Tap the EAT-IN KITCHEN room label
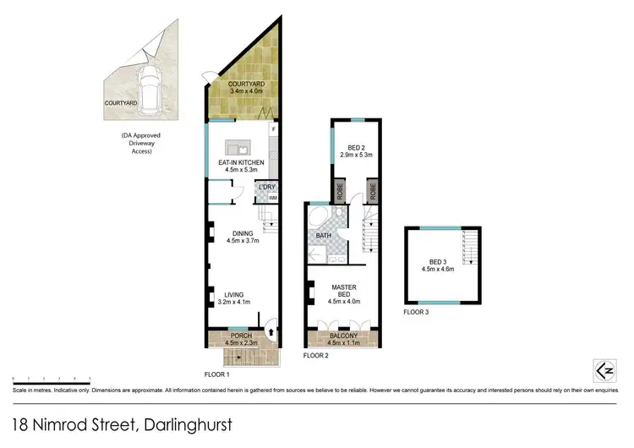tap(241, 162)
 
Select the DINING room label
tap(242, 233)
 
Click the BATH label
tap(324, 236)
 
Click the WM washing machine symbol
tap(272, 198)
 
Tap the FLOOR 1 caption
tap(217, 374)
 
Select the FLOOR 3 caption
tap(416, 313)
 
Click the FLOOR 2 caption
tap(315, 356)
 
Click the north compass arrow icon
tap(604, 369)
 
